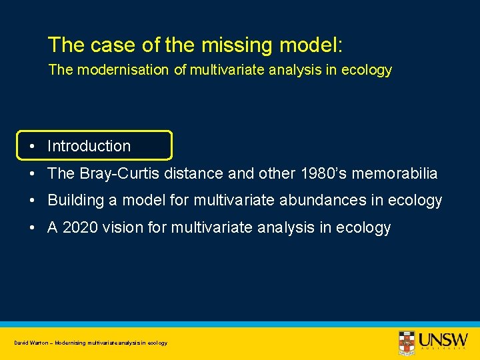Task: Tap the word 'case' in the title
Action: (108, 45)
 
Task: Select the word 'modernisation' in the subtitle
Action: (121, 70)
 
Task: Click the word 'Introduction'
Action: (89, 146)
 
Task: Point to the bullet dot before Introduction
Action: (31, 146)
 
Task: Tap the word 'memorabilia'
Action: (399, 173)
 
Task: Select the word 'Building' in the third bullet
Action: (75, 201)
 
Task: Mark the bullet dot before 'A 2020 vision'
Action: (31, 228)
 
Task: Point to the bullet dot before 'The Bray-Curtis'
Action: (31, 173)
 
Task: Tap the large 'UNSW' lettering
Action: (443, 339)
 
